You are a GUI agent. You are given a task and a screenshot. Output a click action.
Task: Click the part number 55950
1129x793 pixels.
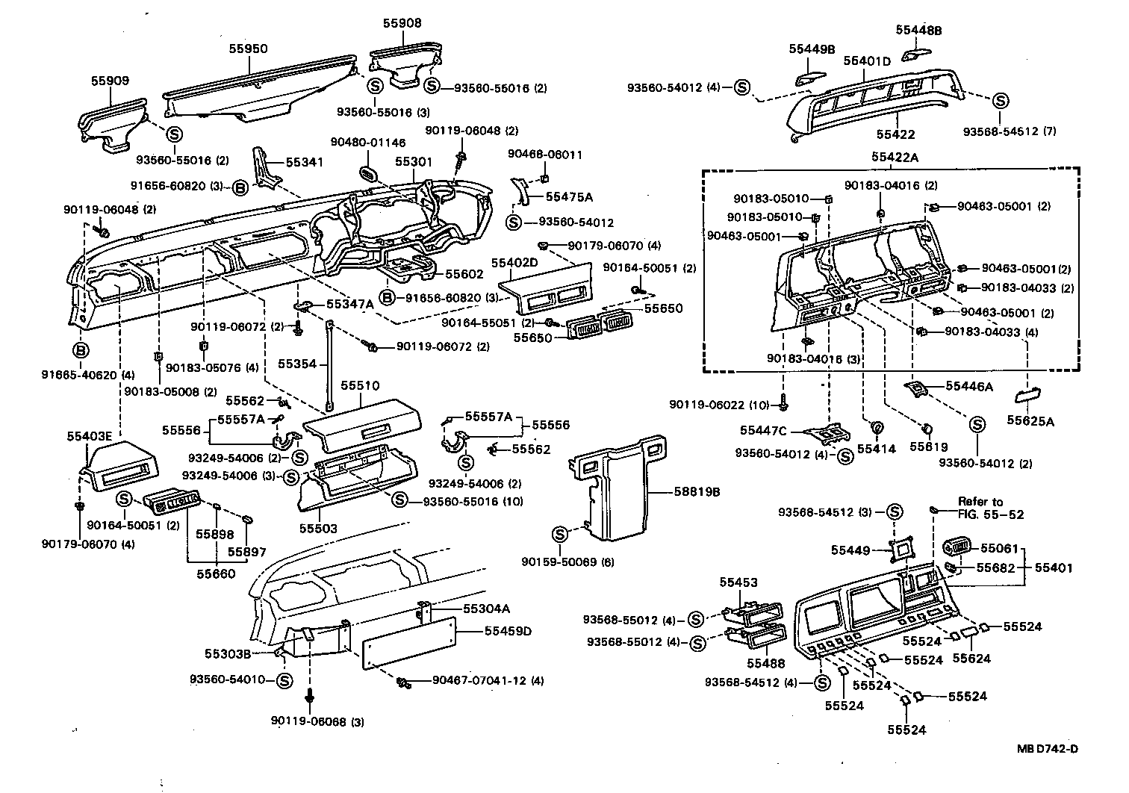tap(248, 49)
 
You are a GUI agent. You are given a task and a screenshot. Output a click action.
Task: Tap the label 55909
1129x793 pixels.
tap(110, 80)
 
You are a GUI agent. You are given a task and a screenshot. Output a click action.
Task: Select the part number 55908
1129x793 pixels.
tap(402, 23)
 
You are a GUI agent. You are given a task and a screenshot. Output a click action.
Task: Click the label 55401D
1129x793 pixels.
tap(867, 60)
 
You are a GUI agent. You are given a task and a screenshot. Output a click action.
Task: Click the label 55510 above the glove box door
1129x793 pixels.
tap(360, 386)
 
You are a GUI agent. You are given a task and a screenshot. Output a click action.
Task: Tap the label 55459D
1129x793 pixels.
tap(508, 631)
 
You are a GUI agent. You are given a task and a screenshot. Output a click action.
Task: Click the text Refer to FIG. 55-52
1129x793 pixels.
tap(991, 508)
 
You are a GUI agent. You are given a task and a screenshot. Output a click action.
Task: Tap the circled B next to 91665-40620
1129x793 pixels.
tap(81, 349)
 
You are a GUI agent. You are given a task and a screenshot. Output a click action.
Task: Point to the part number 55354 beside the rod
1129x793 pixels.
tap(297, 364)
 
